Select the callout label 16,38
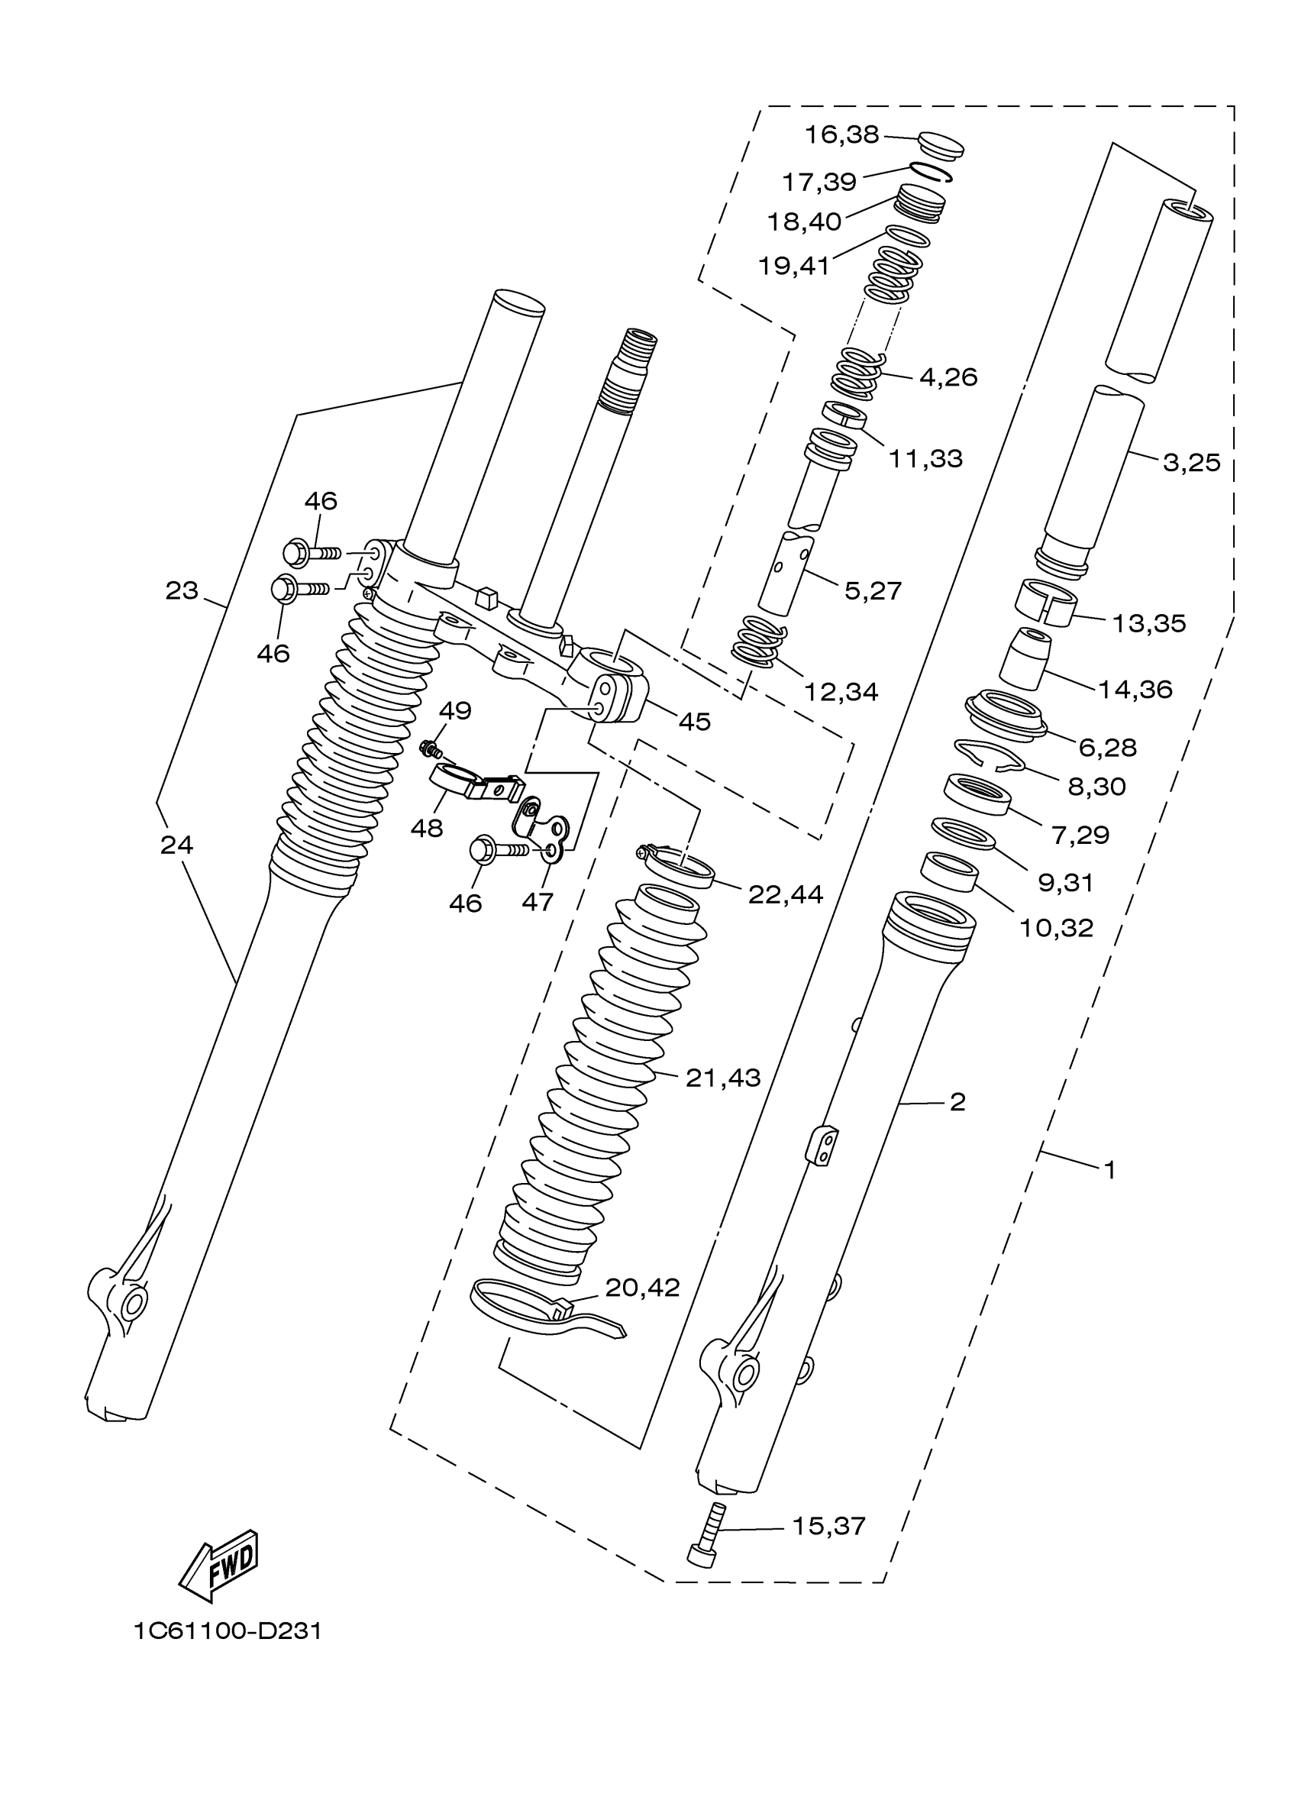[841, 135]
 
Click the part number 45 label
[695, 722]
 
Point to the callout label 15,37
[829, 1526]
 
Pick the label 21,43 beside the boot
[723, 1078]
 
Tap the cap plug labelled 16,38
[941, 146]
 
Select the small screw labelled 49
[431, 747]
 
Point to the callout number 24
[176, 845]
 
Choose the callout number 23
[181, 590]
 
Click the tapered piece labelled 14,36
[1025, 656]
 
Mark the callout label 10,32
[1056, 928]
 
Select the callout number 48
[426, 828]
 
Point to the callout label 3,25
[1191, 462]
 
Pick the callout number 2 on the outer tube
[957, 1102]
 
